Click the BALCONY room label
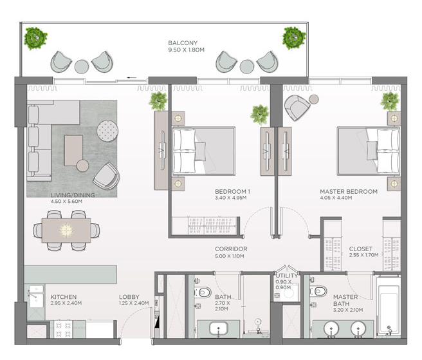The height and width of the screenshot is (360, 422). point(183,43)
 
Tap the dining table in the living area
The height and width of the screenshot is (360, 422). point(66,231)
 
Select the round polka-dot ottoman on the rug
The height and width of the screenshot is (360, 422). point(107,131)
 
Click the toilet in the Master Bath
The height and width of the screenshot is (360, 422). point(318,291)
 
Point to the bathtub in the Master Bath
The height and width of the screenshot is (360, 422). point(389,307)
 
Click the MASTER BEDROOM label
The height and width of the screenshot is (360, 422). point(349,191)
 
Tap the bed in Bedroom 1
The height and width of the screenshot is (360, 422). point(204,151)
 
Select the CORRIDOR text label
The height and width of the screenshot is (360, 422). point(231,249)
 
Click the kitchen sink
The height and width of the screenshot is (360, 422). point(36,296)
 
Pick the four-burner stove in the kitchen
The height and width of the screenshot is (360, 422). point(64,329)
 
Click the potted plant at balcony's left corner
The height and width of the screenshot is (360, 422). point(35,38)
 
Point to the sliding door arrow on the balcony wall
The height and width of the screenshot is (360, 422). point(132,78)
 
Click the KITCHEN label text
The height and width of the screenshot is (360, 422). point(64,297)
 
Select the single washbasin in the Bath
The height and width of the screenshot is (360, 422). point(219,329)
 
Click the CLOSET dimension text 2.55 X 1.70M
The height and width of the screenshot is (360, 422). point(363,255)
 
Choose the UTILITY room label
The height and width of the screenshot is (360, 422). point(287,276)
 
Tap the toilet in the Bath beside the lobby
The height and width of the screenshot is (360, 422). point(203,292)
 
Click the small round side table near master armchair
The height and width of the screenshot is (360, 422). point(314,99)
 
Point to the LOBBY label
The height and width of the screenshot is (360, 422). point(129,297)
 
